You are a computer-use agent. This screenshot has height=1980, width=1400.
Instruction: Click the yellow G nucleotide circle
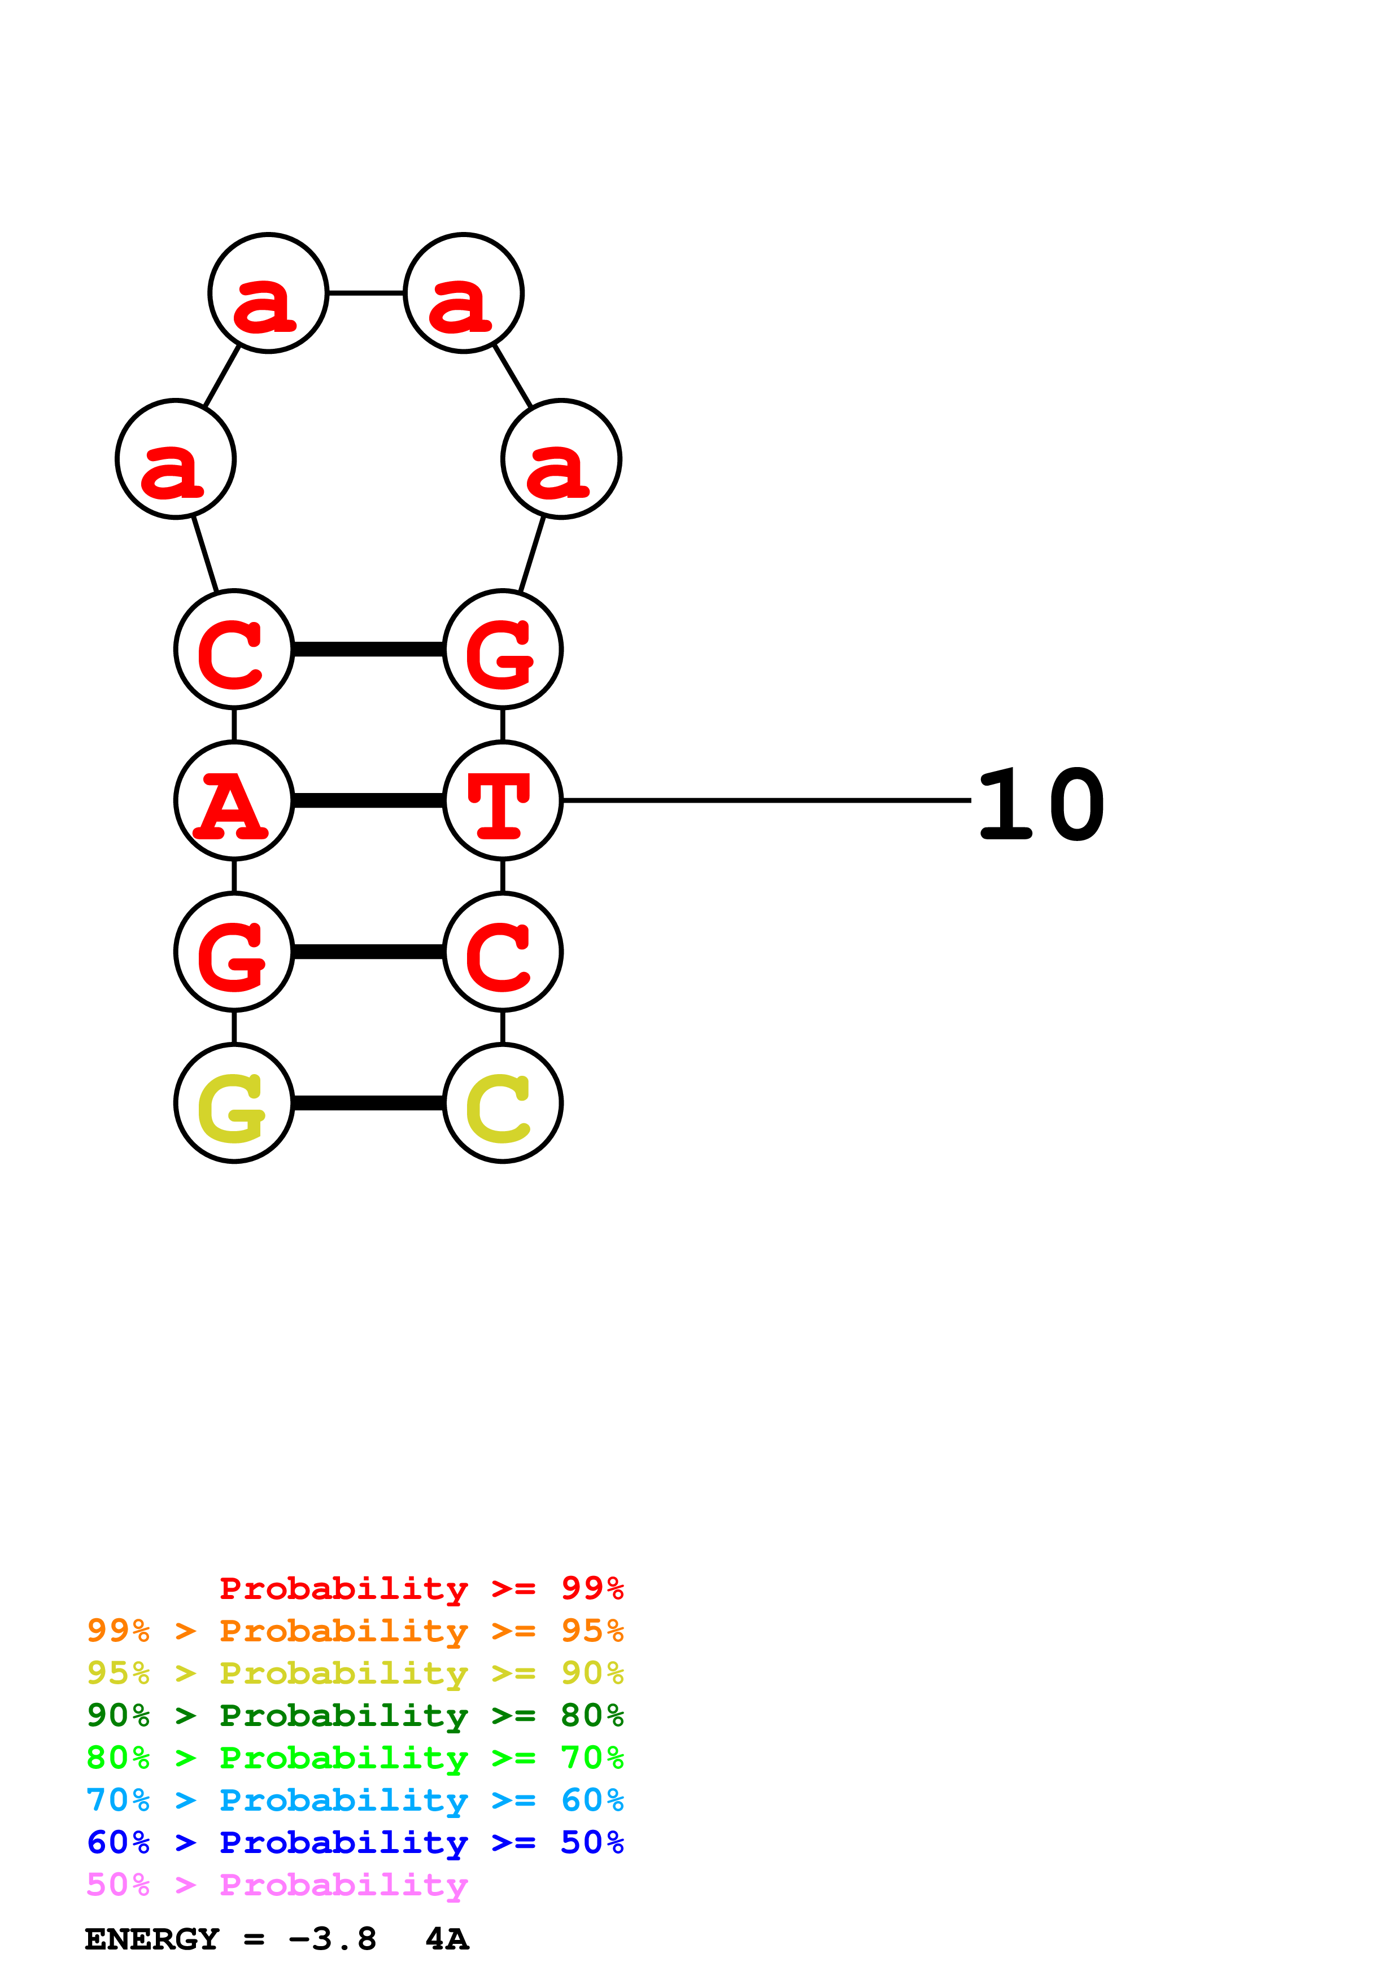[x=234, y=1103]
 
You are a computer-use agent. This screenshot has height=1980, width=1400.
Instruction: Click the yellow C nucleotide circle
[x=503, y=1103]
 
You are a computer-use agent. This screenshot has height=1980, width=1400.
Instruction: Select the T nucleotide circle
[x=503, y=800]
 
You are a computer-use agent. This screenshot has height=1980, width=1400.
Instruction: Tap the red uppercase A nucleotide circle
[x=234, y=800]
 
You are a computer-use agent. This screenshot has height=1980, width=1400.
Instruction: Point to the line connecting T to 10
[x=766, y=800]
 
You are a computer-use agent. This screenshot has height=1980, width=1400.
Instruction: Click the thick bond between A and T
[x=368, y=801]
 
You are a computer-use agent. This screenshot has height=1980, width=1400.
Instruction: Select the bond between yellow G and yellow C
[x=368, y=1103]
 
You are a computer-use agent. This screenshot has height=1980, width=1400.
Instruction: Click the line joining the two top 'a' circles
[x=366, y=293]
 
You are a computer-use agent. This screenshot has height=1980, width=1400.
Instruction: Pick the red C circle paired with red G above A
[x=234, y=649]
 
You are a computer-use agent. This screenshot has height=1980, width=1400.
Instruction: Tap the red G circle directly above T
[x=503, y=649]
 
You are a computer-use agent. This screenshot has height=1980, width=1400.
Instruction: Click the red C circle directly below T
[x=503, y=952]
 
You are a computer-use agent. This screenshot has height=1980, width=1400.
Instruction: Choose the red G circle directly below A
[x=234, y=952]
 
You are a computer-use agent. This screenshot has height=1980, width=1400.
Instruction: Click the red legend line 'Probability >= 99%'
[x=421, y=1588]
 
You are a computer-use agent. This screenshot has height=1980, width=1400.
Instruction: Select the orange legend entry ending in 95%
[x=355, y=1630]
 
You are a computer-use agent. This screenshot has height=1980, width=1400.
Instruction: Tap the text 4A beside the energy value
[x=447, y=1939]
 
